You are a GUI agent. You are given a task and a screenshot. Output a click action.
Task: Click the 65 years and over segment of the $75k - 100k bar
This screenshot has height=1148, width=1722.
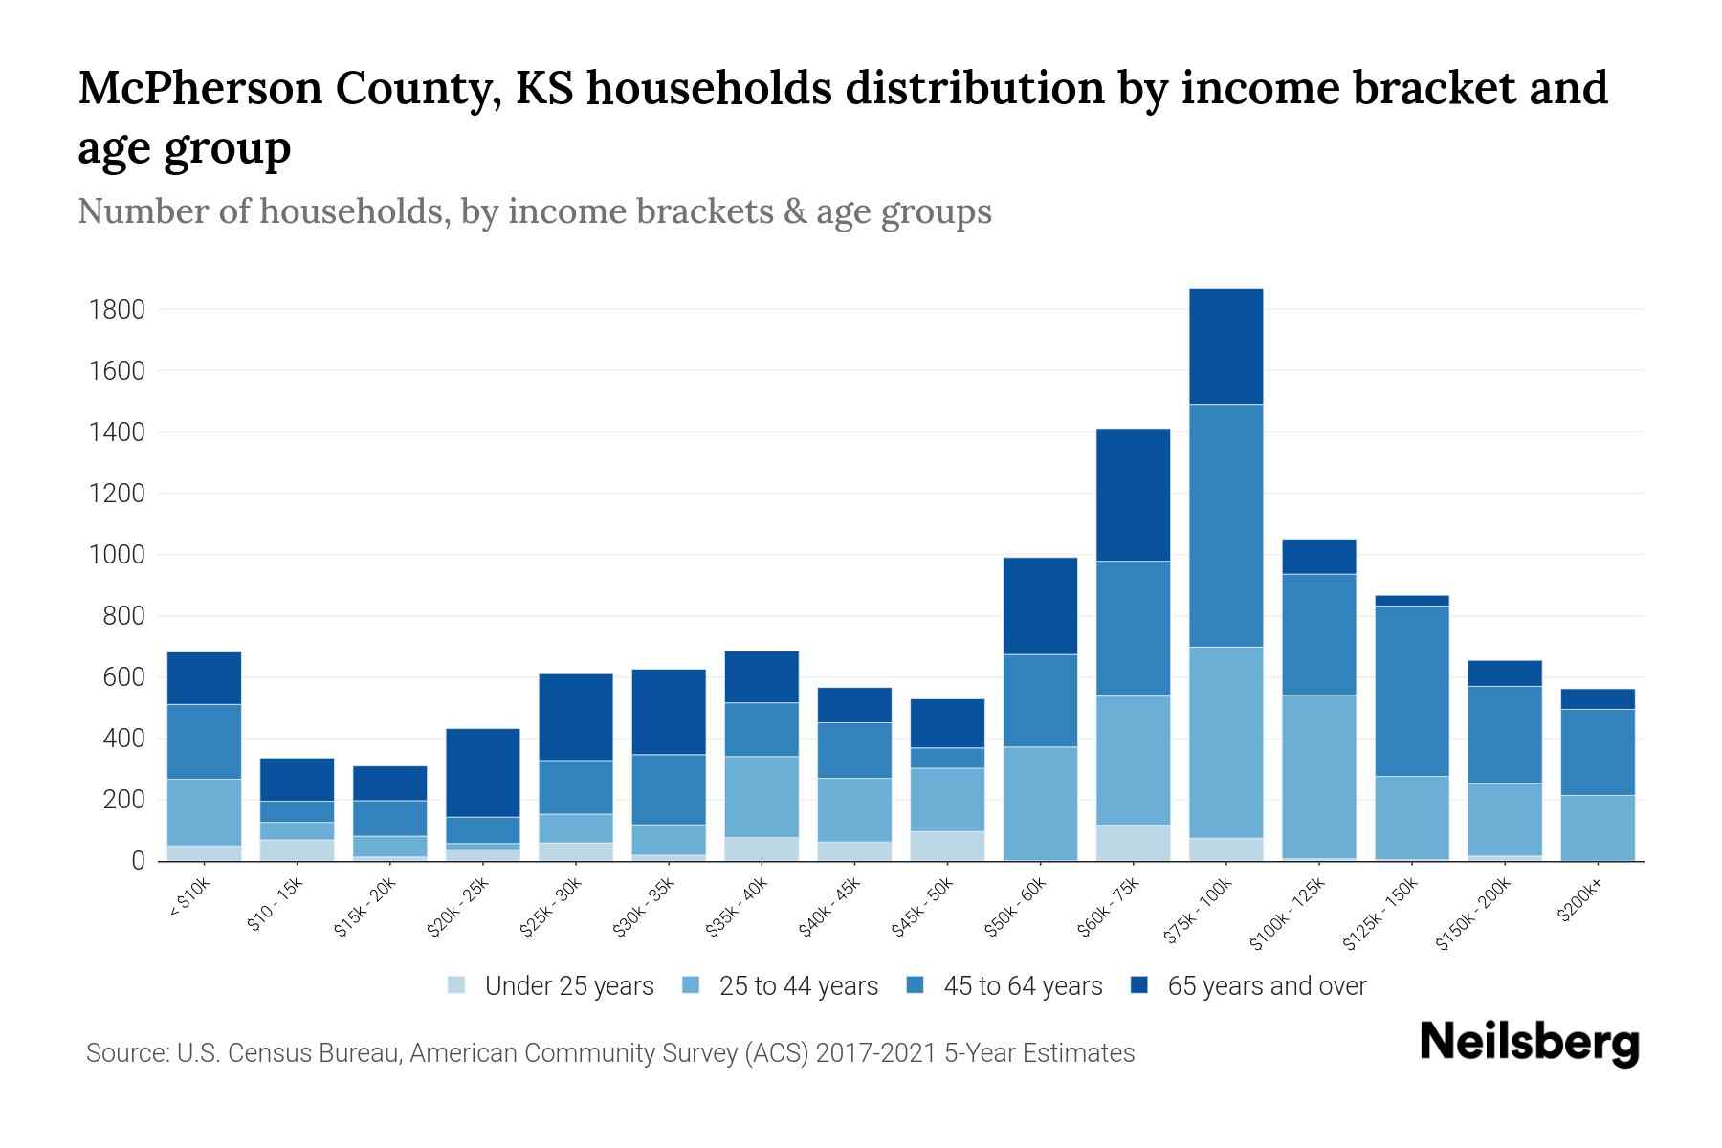point(1225,346)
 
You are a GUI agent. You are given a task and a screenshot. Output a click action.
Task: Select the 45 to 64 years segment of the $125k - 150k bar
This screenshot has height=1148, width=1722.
point(1411,691)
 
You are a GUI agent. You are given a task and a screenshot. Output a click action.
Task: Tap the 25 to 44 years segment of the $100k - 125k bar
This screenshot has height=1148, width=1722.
point(1318,776)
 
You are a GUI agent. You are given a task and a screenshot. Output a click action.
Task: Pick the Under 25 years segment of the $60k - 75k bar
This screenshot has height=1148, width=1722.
point(1133,842)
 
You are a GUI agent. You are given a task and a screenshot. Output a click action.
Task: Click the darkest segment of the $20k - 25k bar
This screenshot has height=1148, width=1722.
point(482,773)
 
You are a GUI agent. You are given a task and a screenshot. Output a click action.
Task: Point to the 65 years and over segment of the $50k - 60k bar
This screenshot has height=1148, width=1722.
point(1040,606)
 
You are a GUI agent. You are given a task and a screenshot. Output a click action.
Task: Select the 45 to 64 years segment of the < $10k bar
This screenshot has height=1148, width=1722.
point(204,741)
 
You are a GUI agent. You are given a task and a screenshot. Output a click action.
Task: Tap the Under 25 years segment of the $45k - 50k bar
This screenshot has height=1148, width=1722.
point(947,846)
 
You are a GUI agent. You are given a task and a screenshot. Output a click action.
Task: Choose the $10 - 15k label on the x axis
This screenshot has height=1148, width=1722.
point(275,904)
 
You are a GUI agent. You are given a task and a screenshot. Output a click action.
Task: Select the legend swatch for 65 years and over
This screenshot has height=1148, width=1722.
point(1139,985)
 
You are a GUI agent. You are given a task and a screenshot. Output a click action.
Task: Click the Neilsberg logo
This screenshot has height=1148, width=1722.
point(1529,1043)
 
